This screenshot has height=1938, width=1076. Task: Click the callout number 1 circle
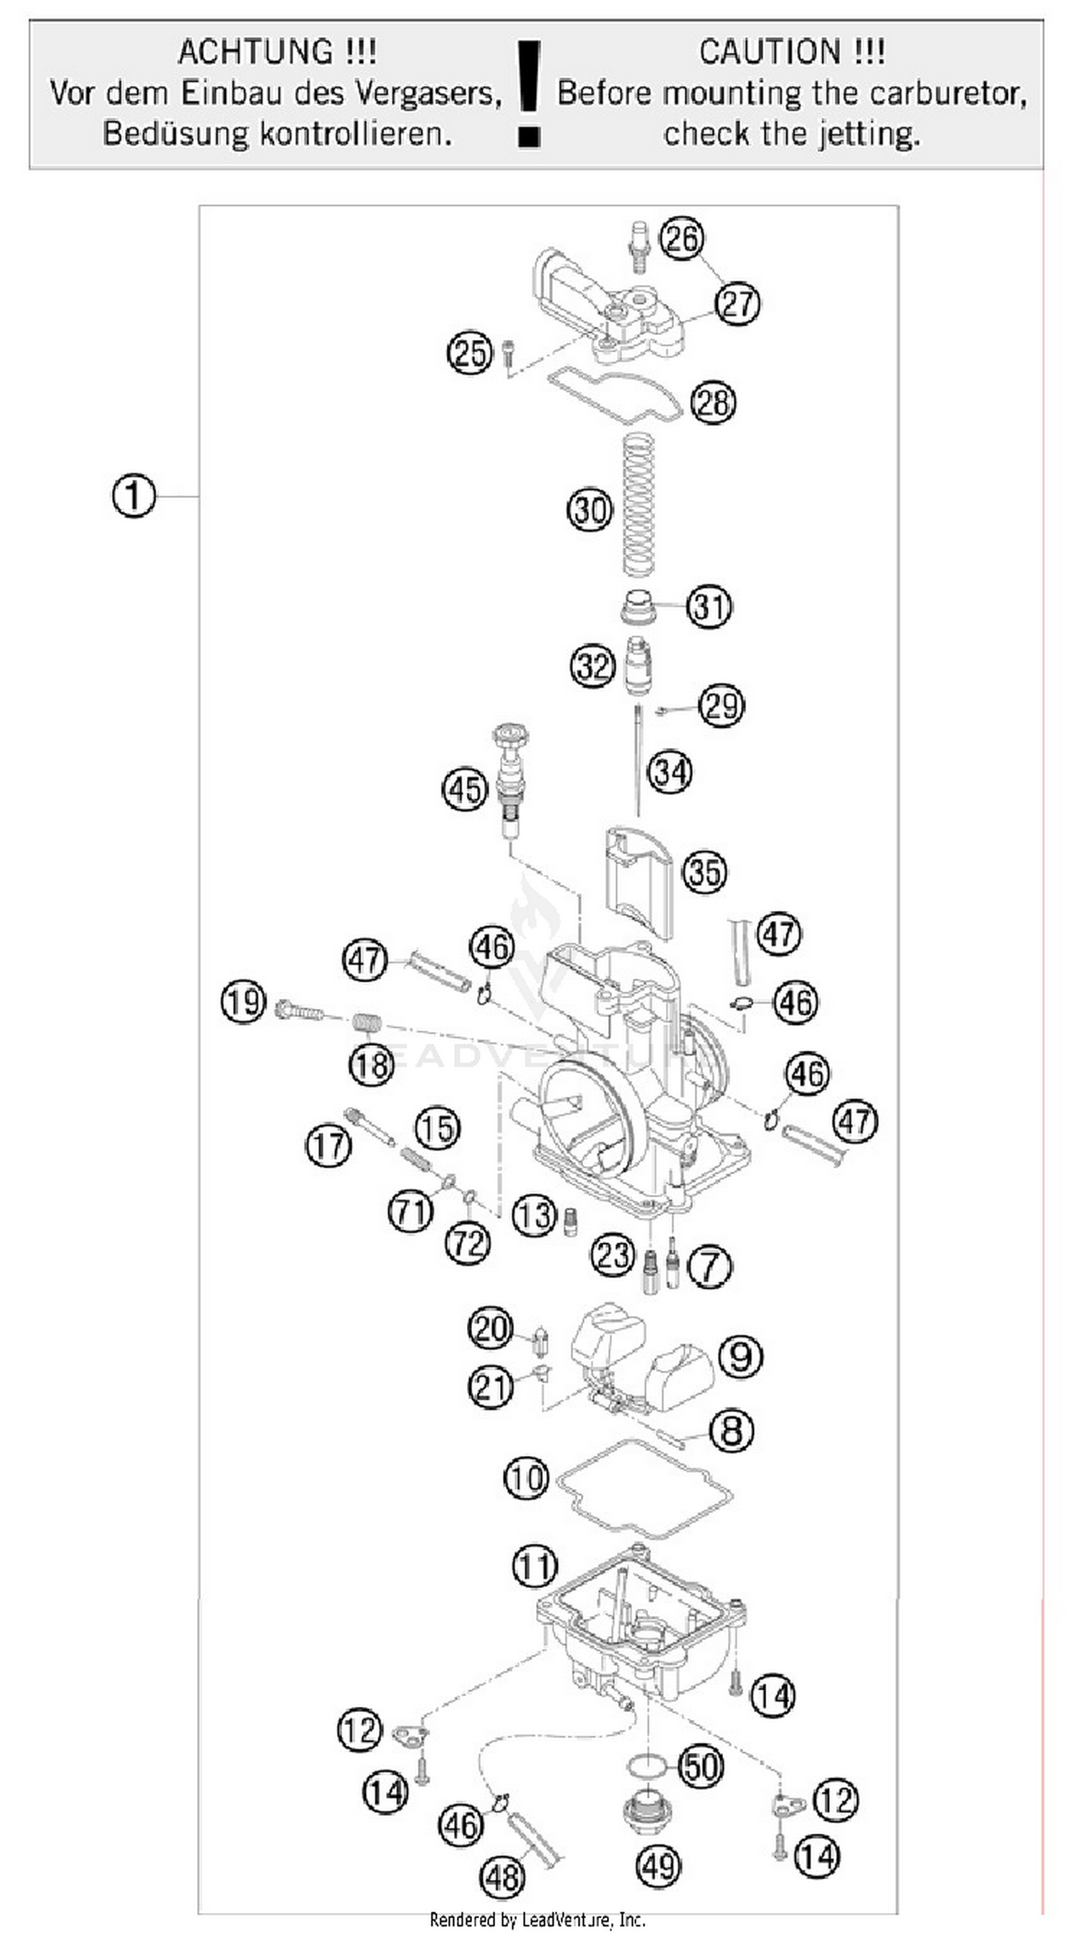(133, 496)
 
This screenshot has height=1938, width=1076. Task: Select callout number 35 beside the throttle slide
(704, 872)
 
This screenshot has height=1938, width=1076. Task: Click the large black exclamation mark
(529, 94)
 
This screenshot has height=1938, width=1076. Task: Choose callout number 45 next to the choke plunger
(465, 790)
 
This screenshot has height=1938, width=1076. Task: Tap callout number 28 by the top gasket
(712, 402)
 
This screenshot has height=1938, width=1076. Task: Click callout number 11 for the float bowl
(535, 1567)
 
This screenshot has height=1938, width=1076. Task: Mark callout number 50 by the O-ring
(701, 1767)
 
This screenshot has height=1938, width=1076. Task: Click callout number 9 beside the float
(740, 1356)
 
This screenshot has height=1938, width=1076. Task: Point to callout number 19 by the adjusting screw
(243, 1003)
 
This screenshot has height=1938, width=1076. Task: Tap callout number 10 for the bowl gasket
(526, 1477)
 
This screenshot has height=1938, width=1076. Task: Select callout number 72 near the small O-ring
(467, 1242)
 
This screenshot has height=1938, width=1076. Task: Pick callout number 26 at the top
(681, 239)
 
